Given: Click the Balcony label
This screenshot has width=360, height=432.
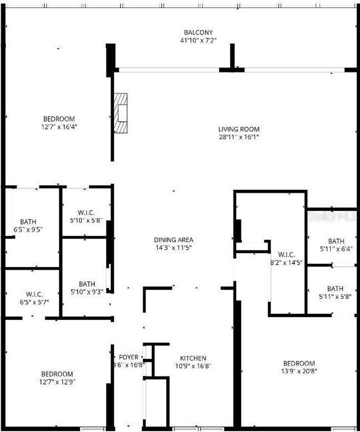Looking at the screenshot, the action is (x=198, y=33).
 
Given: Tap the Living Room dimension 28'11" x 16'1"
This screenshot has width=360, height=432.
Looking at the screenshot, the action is (x=239, y=137).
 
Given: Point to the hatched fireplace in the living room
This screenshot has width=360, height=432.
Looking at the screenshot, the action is (x=121, y=113).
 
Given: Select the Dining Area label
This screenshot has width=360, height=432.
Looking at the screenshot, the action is (x=173, y=240).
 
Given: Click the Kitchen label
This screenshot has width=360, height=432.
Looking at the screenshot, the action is (x=193, y=358).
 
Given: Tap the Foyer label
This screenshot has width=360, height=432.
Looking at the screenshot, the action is (x=128, y=357).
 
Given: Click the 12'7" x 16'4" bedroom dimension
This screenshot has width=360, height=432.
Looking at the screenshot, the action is (x=59, y=127).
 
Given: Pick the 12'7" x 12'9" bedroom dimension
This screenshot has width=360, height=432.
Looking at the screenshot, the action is (x=57, y=382).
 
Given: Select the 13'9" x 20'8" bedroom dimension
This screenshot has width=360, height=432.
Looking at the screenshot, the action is (x=299, y=371).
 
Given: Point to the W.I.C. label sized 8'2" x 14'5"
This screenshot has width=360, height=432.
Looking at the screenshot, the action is (x=286, y=254).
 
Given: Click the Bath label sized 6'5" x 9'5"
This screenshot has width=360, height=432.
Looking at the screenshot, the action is (x=28, y=222).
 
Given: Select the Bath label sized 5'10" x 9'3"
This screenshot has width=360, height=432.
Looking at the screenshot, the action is (x=87, y=284).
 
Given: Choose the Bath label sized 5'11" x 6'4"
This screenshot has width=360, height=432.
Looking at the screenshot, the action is (x=336, y=241).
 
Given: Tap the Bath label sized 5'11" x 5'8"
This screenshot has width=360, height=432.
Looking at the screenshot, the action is (x=335, y=289).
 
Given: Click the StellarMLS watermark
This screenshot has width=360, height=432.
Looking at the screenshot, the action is (x=332, y=217).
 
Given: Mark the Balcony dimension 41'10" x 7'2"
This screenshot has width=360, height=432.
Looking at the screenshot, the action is (x=198, y=40).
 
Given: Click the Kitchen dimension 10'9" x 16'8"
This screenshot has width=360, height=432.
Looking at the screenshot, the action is (x=193, y=366).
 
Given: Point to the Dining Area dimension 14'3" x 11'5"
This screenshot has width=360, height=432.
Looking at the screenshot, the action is (x=173, y=247).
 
